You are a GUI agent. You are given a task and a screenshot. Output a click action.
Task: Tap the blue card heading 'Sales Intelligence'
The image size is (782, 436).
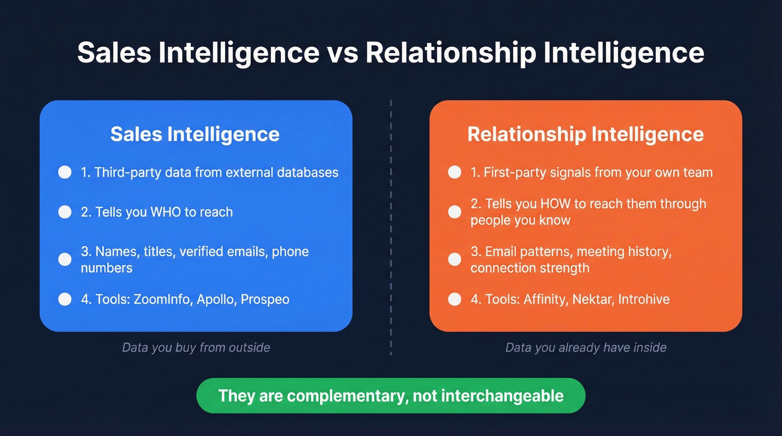point(195,135)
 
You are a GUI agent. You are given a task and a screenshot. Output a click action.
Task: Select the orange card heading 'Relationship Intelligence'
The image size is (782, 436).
point(585,135)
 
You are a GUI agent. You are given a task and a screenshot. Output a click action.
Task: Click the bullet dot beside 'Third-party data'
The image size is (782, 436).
point(65,172)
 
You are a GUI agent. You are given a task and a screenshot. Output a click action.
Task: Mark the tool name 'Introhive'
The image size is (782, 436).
point(646,299)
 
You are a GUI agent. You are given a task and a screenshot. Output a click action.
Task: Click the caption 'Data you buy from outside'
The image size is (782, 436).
point(196,348)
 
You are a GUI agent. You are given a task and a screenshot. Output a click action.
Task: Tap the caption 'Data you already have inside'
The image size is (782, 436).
point(586,348)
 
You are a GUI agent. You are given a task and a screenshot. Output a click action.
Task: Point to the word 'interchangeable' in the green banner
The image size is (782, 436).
point(502,396)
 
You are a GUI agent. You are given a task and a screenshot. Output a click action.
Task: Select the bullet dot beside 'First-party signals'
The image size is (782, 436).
point(455,172)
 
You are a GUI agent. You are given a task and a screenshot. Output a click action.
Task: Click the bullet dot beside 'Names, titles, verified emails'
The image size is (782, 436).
point(65,259)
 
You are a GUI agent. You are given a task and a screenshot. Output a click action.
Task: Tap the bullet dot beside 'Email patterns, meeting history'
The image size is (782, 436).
point(455,259)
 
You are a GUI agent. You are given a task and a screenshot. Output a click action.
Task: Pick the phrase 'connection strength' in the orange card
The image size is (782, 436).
point(530,268)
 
